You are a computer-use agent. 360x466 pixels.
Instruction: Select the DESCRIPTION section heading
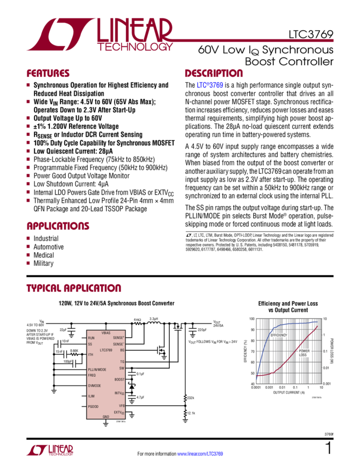click(x=213, y=73)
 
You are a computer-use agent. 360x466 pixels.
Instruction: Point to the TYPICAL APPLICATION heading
click(x=74, y=289)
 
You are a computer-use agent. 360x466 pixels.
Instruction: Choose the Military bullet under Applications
click(x=44, y=263)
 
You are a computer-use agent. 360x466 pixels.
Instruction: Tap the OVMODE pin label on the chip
click(x=95, y=385)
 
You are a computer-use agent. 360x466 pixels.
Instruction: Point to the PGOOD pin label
click(x=94, y=406)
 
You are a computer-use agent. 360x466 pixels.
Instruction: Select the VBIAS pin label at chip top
click(x=106, y=333)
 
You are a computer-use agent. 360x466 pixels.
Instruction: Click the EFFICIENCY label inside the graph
click(x=278, y=335)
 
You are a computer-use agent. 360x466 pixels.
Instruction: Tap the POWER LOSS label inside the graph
click(x=305, y=352)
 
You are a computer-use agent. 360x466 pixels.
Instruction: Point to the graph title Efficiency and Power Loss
click(x=287, y=305)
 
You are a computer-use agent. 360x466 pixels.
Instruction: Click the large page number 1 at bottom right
click(x=328, y=450)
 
